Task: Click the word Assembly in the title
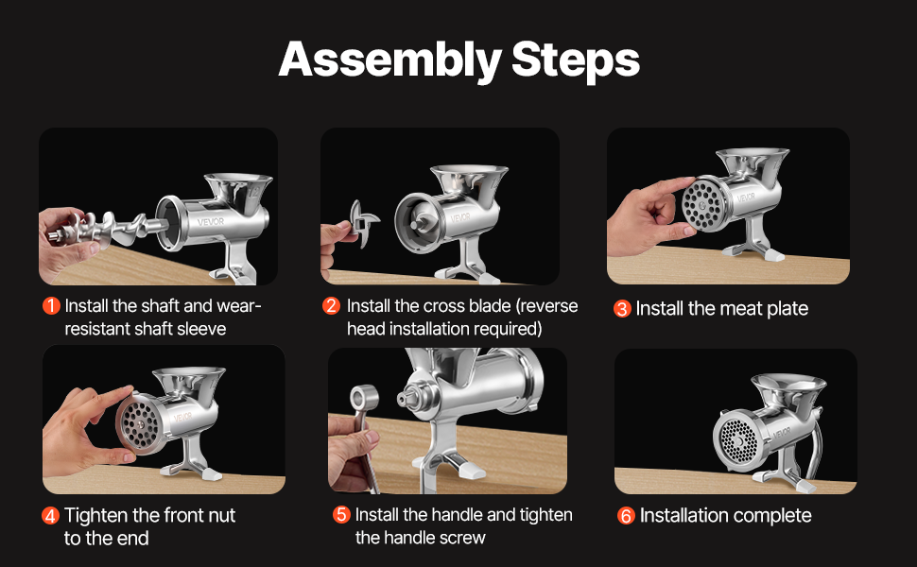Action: tap(389, 60)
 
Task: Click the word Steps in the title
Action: tap(576, 60)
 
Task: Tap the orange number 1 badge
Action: tap(51, 306)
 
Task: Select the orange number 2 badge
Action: tap(332, 306)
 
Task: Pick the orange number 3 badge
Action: tap(622, 309)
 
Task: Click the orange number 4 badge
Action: tap(51, 516)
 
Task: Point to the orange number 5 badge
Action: tap(341, 515)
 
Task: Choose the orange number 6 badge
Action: tap(626, 516)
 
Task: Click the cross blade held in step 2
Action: tap(364, 222)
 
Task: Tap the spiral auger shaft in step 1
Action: tap(112, 229)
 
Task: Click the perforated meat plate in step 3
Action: tap(702, 204)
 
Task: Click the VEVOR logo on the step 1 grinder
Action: tap(211, 221)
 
